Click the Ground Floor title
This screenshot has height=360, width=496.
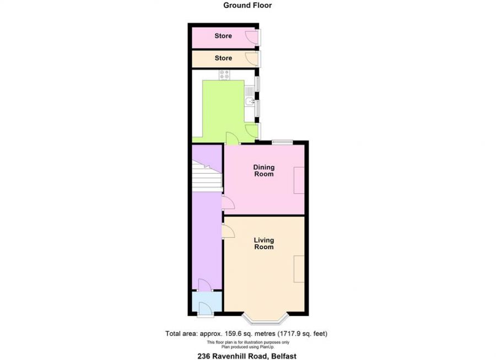[247, 6]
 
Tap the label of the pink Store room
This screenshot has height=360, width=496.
[223, 36]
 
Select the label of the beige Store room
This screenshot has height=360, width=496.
[223, 58]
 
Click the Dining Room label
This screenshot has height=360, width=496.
[263, 170]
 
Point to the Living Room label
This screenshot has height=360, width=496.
[263, 243]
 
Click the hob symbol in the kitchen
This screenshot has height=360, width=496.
[224, 75]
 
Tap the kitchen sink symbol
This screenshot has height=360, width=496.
[250, 101]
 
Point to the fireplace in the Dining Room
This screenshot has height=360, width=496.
[299, 180]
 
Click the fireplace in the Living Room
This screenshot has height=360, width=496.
[299, 269]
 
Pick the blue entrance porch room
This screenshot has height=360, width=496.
[206, 302]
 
